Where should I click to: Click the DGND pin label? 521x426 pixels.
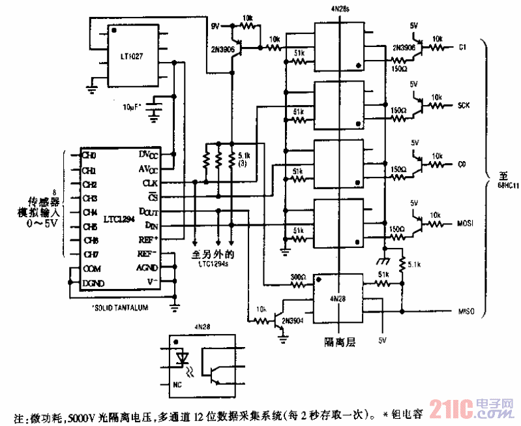93,283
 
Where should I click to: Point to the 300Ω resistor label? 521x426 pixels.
297,277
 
